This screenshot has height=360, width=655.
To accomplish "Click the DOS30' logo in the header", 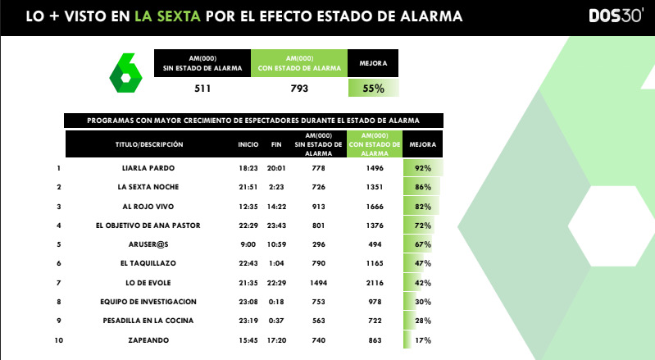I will click(x=616, y=16).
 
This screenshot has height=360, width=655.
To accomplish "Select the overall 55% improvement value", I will click(x=374, y=88).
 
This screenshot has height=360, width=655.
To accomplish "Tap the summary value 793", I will click(x=300, y=88).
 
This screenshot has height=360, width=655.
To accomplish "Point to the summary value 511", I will click(x=202, y=88).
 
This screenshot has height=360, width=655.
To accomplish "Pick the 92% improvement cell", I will click(x=423, y=168).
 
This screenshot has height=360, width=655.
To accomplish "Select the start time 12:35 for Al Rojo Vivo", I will click(x=248, y=206).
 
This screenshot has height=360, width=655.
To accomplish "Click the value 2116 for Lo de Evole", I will click(x=374, y=282).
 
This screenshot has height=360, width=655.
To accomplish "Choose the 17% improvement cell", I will click(x=423, y=339).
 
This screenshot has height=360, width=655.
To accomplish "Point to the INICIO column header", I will click(x=248, y=144).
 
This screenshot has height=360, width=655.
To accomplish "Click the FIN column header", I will click(x=276, y=144).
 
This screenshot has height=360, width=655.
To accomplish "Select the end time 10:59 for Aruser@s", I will click(x=276, y=244).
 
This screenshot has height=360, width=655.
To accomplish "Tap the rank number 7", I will click(x=59, y=282).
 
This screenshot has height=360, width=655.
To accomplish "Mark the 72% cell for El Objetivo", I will click(x=423, y=225).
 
